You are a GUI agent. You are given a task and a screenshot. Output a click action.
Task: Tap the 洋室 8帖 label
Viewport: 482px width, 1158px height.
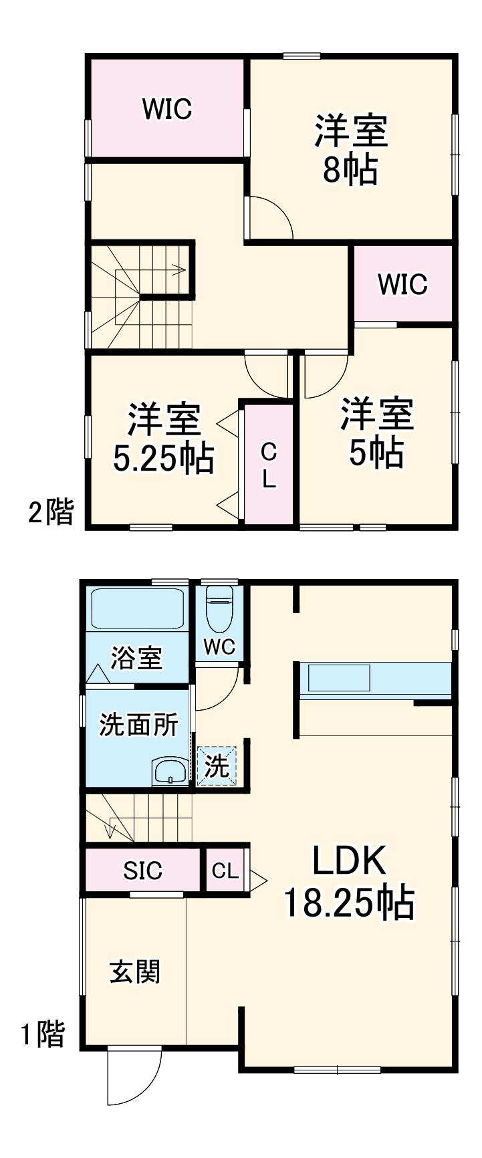[351, 150]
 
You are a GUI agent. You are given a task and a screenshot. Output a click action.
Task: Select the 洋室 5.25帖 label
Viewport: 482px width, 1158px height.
[163, 439]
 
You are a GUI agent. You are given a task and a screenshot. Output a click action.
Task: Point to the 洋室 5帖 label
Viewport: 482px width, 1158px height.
[376, 433]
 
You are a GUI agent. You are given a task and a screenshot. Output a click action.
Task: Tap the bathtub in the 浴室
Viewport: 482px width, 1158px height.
[136, 608]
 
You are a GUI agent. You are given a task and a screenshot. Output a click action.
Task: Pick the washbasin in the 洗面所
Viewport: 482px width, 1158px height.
[171, 772]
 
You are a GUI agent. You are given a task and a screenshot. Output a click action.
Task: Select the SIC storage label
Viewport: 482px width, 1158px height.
[142, 871]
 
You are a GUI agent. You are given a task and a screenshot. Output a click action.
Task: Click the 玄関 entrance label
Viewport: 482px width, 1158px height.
[135, 971]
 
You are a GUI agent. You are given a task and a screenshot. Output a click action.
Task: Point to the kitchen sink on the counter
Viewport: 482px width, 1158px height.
[338, 677]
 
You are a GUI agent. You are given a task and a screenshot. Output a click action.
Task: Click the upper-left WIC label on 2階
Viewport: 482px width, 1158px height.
[167, 108]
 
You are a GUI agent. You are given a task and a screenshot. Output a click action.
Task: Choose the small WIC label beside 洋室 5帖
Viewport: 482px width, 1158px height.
[402, 284]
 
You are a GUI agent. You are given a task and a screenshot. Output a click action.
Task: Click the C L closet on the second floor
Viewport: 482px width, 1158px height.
[268, 465]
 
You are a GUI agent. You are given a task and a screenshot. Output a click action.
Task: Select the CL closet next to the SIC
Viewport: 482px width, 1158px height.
[225, 871]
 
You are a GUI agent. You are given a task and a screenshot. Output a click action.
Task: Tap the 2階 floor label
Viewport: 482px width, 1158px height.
[50, 513]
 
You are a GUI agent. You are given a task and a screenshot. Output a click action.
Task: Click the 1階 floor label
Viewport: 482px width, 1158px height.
[43, 1034]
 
